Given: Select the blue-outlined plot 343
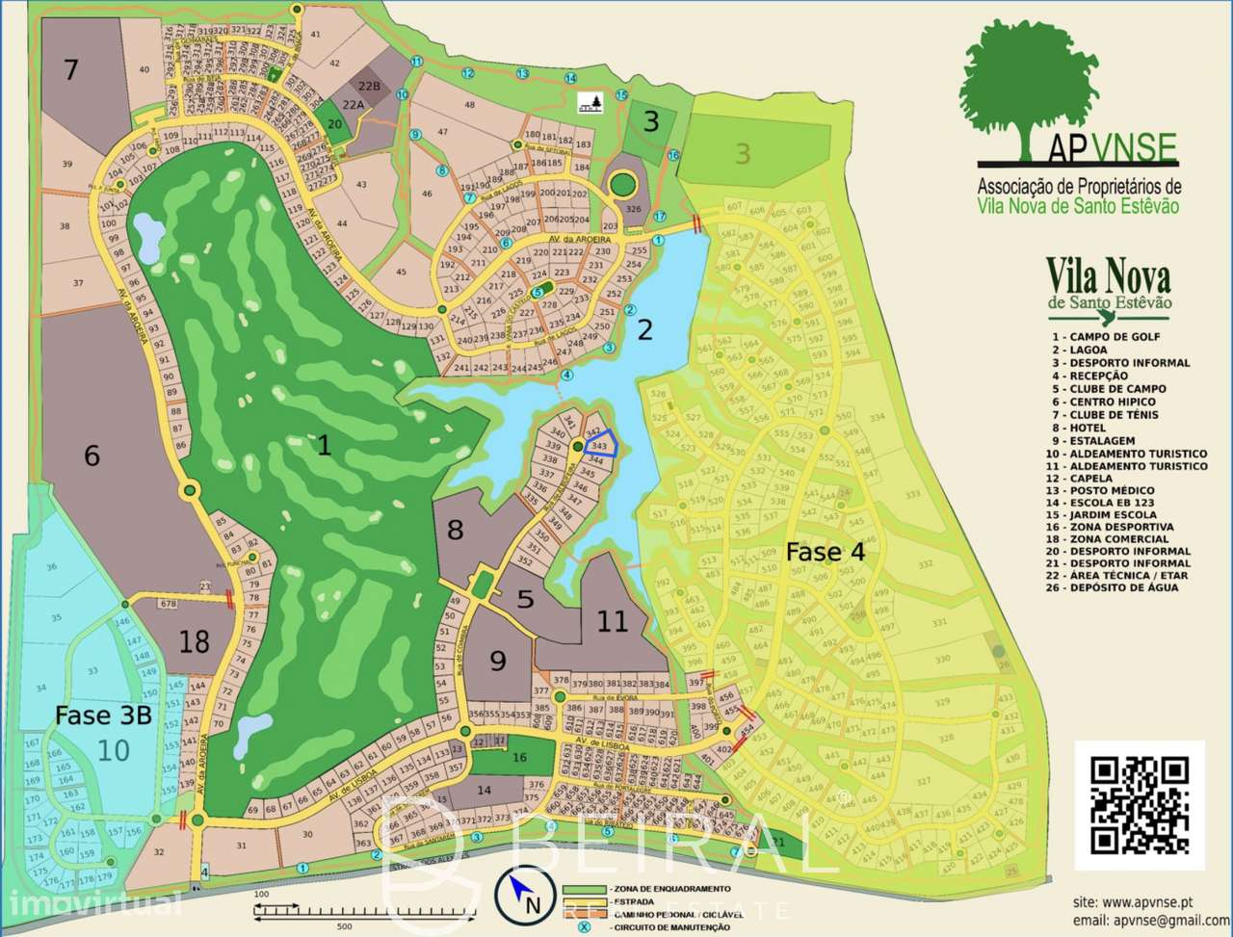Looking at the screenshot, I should coord(599,447).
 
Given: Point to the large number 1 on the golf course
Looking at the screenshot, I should coord(324,445).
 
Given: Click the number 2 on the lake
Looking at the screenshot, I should coord(644,330).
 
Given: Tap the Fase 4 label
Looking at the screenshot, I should coord(825,552).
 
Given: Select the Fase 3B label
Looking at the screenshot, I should coord(103,716).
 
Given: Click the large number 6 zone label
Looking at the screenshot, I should coord(92,455).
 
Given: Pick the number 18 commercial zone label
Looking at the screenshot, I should coord(194,641).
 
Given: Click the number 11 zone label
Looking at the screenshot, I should coord(613,621).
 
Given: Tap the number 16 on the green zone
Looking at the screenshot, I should coord(520,758).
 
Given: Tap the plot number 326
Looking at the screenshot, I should coord(633,208).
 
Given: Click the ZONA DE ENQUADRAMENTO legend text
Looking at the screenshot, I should coord(669,888).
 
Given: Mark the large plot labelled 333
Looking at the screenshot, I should coord(911,495).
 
